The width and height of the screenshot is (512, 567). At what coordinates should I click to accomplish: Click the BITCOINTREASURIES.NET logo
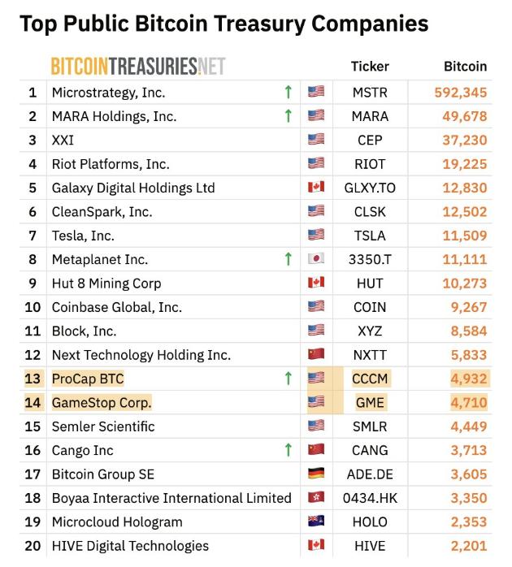pos(138,66)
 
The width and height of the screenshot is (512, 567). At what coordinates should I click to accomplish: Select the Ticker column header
pos(370,66)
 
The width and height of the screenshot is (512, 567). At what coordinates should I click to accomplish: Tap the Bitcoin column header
pos(465,66)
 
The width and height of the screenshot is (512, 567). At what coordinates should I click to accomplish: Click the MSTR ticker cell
pos(370,93)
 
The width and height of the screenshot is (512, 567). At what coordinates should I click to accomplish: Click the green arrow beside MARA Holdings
pos(288,116)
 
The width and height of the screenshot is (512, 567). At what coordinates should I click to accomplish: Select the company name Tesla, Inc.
pos(83,236)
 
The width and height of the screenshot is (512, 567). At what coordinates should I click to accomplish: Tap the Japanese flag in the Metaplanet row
pos(316,259)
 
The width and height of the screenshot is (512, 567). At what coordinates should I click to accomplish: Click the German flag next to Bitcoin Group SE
pos(316,474)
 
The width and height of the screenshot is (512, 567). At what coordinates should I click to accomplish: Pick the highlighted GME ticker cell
pos(370,402)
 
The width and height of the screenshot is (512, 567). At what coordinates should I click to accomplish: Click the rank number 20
pos(33,546)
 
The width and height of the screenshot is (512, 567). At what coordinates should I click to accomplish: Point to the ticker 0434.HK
pos(370,498)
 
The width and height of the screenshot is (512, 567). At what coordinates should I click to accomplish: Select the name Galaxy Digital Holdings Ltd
pos(133,188)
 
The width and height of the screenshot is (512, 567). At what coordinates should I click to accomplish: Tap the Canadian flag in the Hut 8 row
pos(316,283)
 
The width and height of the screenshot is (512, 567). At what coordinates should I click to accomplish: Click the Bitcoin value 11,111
pos(466,259)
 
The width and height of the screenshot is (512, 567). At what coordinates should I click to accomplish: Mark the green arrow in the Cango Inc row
pos(288,450)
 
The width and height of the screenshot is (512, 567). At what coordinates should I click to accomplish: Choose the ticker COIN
pos(370,307)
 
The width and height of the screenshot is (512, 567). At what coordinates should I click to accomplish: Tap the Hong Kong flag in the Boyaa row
pos(316,498)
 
